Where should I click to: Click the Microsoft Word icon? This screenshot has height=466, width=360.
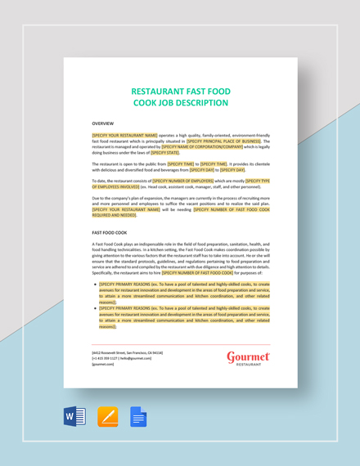[x=75, y=418]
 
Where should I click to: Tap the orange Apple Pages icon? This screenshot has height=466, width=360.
[x=107, y=418]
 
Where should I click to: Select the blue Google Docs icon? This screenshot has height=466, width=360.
[x=138, y=418]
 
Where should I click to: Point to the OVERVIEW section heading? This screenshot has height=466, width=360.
[x=103, y=123]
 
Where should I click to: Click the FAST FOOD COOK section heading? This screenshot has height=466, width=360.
[x=110, y=232]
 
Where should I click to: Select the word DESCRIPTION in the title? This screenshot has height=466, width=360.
[x=195, y=104]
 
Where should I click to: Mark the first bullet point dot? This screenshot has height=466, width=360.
[x=95, y=285]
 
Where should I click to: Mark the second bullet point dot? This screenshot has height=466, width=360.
[x=95, y=307]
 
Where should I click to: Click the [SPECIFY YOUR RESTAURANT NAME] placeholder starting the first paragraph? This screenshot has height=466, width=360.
[x=125, y=135]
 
